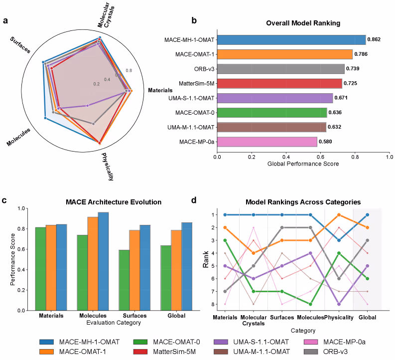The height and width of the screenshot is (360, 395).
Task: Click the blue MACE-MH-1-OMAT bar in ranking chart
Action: (x=291, y=39)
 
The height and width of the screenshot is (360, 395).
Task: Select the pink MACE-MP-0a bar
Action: (x=267, y=142)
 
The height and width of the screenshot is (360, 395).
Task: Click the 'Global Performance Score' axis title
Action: (x=303, y=164)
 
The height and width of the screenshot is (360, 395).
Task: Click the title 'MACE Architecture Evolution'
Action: (x=114, y=202)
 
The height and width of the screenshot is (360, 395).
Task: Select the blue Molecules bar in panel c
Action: (x=103, y=261)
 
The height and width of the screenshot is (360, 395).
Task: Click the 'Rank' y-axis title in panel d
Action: (x=206, y=260)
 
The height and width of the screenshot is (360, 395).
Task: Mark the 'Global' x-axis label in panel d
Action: (x=367, y=318)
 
